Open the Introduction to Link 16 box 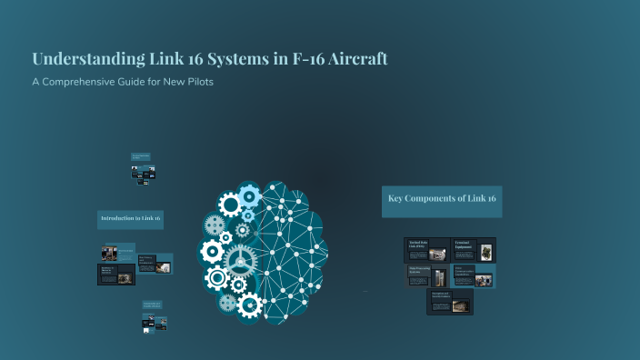click(x=130, y=219)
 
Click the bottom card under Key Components click(x=451, y=302)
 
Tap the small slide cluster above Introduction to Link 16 click(x=142, y=169)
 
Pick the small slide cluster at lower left click(x=150, y=317)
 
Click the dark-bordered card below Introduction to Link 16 click(x=116, y=275)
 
